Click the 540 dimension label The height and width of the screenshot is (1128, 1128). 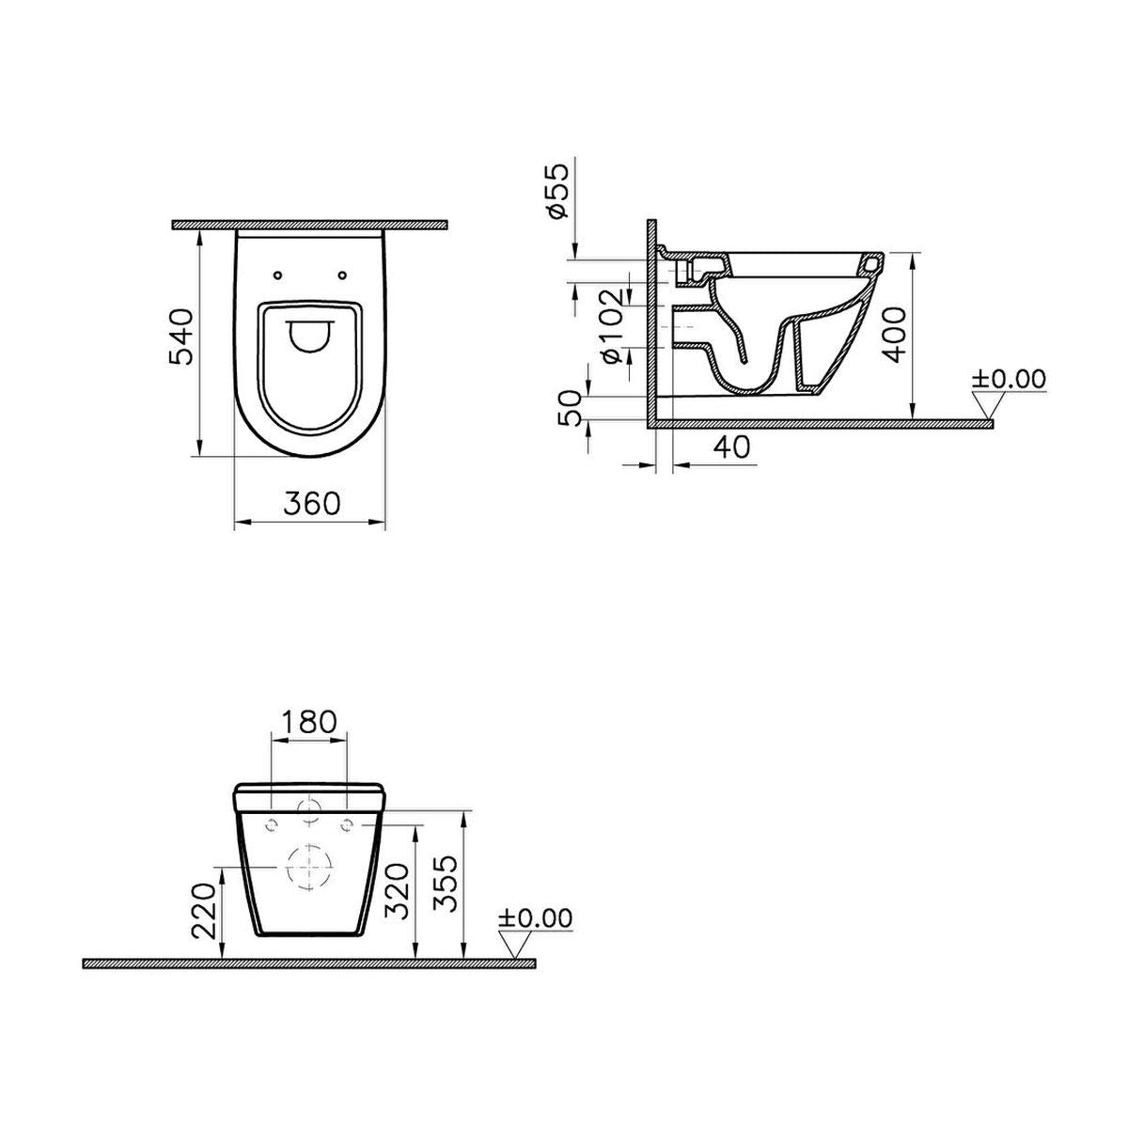tap(180, 337)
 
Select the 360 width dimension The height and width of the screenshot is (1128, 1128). tap(311, 504)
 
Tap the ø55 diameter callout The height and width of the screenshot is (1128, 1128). tap(556, 192)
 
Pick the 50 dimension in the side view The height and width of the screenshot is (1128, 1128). tap(569, 407)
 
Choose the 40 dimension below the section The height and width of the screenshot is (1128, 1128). tap(731, 447)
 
